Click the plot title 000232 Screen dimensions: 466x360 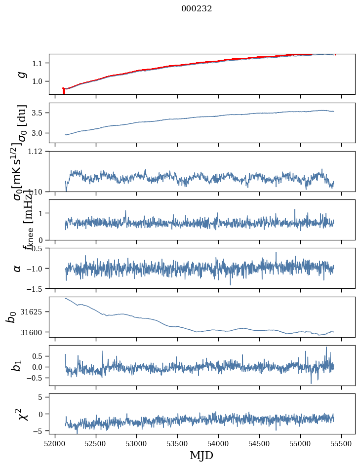click(197, 9)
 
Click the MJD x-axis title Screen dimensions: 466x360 click(201, 455)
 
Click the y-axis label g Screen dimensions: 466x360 click(21, 74)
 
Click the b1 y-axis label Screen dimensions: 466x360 click(17, 365)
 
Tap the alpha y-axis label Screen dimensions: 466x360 click(17, 268)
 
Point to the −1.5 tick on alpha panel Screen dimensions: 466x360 click(36, 288)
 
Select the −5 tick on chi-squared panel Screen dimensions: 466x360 click(40, 431)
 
